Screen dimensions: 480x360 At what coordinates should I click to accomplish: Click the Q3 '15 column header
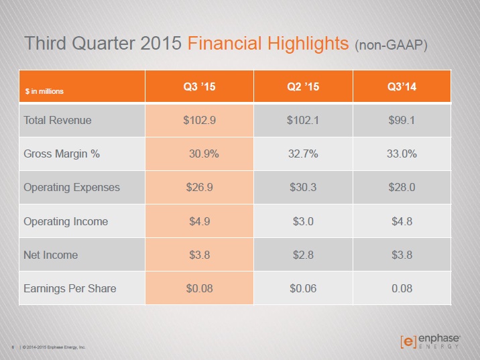click(x=199, y=86)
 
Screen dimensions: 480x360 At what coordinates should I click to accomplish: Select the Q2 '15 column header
click(x=303, y=86)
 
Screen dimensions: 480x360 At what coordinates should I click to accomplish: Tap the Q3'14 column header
click(x=402, y=86)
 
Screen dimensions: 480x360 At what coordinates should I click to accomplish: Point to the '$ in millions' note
click(x=44, y=91)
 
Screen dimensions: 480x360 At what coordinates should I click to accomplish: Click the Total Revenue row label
click(x=58, y=120)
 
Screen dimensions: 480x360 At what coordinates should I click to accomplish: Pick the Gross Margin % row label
click(x=62, y=154)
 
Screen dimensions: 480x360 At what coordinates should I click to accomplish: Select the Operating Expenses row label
click(x=72, y=188)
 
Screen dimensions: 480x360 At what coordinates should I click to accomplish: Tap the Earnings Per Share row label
click(x=70, y=289)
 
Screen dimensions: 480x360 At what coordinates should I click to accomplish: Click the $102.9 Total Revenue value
click(x=200, y=120)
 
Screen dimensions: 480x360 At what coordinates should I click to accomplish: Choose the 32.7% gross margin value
click(x=303, y=154)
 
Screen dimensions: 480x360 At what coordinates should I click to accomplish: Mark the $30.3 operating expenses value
click(x=303, y=187)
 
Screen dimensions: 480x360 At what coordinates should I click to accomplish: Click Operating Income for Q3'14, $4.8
click(x=402, y=221)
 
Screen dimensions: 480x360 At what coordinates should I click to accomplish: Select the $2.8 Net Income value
click(x=303, y=255)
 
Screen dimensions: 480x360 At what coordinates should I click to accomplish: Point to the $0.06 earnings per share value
click(x=303, y=288)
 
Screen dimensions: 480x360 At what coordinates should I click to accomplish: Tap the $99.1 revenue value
click(x=402, y=120)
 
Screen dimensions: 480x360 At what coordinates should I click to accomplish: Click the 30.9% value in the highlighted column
click(x=204, y=154)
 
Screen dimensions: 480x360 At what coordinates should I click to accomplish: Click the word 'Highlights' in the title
click(x=308, y=44)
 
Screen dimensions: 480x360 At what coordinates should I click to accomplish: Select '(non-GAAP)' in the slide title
click(x=391, y=45)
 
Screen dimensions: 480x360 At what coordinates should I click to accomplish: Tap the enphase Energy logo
click(x=430, y=341)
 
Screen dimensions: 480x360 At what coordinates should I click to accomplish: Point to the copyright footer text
click(x=54, y=347)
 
